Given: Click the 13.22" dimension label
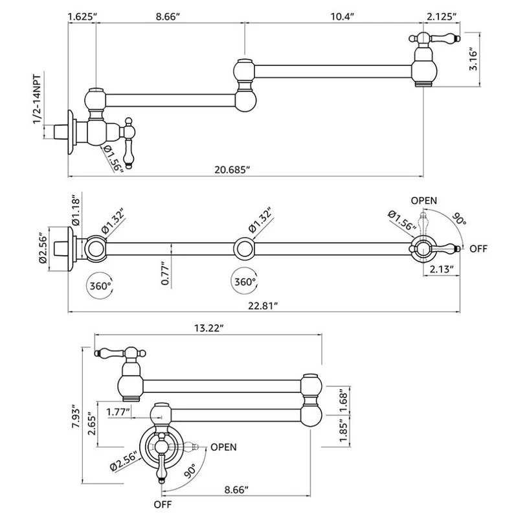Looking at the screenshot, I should pos(208,328).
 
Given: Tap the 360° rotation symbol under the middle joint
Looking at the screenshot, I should pos(244,282).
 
